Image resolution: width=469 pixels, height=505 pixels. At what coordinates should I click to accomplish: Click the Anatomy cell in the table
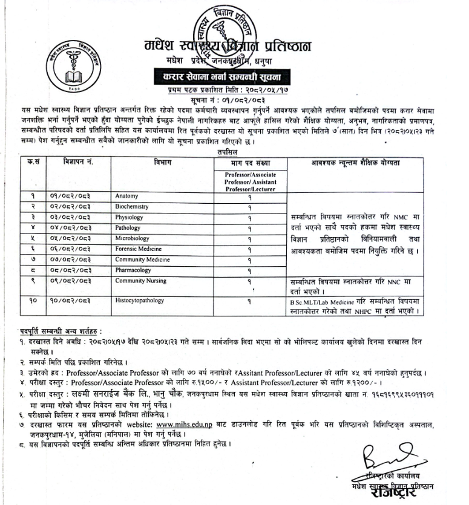[125, 197]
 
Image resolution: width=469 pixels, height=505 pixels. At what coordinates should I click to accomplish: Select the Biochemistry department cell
[131, 207]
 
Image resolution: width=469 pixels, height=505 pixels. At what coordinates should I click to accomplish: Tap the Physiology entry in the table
[129, 217]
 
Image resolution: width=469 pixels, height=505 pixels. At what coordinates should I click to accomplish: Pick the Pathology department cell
[128, 227]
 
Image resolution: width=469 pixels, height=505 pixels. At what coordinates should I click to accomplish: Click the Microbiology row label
[132, 238]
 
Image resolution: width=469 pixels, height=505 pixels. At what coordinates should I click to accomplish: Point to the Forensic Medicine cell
[136, 249]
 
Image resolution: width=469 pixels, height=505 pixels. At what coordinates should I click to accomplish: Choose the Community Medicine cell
[140, 259]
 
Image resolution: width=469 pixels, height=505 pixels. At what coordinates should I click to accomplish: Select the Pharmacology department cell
[133, 270]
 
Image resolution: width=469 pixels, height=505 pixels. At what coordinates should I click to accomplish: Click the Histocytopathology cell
[139, 301]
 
